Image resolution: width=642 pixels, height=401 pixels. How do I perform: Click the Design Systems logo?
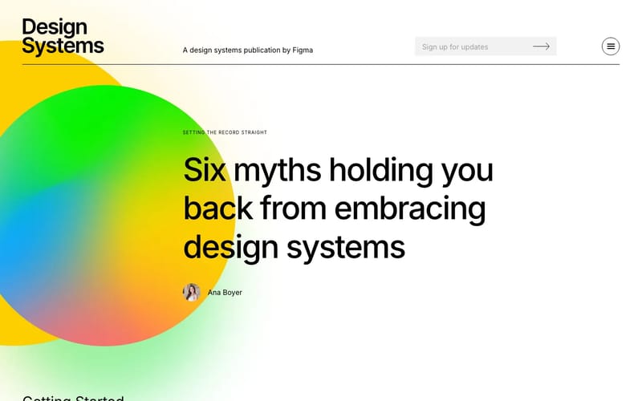63,37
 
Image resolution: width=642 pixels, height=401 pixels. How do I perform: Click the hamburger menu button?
611,47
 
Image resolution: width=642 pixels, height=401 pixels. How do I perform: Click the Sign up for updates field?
469,47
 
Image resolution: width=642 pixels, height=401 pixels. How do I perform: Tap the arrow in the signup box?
542,47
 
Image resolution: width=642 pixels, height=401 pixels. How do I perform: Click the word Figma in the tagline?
303,50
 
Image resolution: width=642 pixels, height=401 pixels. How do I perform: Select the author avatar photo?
192,292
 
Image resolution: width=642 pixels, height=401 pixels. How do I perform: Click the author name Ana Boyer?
225,293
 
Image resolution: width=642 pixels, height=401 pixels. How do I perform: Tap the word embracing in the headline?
410,209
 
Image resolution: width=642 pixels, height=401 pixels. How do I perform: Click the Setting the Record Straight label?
225,132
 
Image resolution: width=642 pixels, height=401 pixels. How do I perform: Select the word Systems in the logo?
63,47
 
